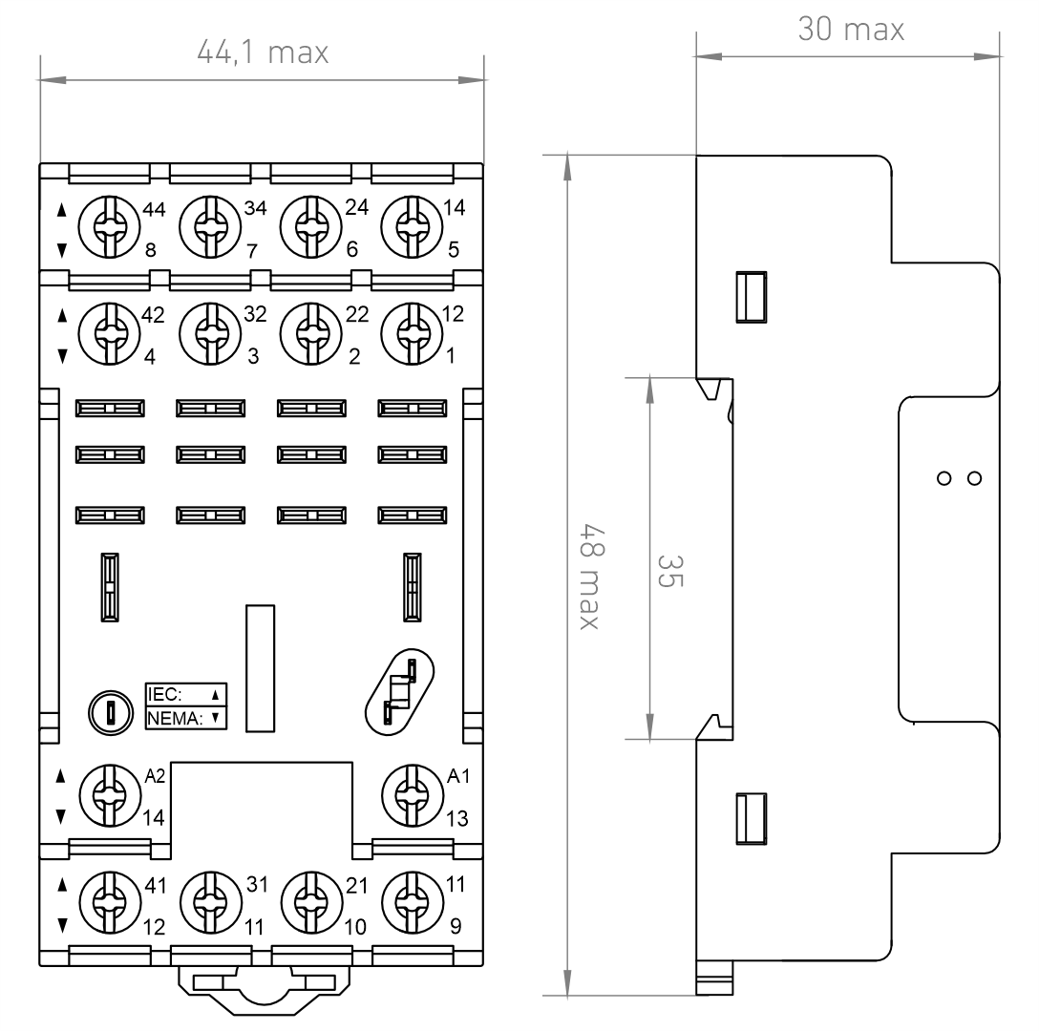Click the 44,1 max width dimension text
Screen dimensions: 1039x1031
click(263, 53)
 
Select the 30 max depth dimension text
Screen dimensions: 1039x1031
click(851, 30)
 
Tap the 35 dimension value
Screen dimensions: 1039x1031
click(669, 571)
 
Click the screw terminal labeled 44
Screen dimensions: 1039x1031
click(109, 226)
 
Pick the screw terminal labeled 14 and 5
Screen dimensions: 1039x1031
click(412, 226)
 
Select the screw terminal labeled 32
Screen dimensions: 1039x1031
click(210, 334)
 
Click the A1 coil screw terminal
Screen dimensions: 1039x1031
click(413, 795)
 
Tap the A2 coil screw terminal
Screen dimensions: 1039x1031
click(110, 795)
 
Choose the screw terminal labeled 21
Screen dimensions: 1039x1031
click(312, 902)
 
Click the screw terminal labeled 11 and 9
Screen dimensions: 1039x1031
click(413, 902)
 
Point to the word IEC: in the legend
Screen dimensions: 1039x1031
click(164, 694)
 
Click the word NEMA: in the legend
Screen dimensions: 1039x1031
click(175, 718)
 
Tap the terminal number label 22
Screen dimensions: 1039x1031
click(357, 314)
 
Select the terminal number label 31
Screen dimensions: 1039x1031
click(257, 885)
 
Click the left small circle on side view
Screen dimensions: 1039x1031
click(944, 478)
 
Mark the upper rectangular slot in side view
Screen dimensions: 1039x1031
click(752, 297)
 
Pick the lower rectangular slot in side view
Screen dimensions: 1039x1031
click(752, 818)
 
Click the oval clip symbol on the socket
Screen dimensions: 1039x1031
click(399, 692)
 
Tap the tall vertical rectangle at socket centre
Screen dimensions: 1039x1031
click(260, 668)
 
